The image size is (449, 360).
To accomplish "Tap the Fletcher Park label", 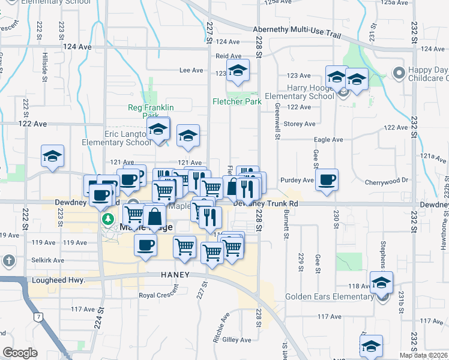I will (237, 101).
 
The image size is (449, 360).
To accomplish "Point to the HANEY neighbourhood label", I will (175, 274).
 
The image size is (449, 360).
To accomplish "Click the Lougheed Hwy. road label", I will (59, 280).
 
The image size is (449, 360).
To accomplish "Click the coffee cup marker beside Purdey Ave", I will (327, 179).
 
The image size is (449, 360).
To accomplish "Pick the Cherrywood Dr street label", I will (387, 181).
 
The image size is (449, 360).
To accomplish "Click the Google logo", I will (20, 353).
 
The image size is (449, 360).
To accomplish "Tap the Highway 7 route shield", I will (38, 316).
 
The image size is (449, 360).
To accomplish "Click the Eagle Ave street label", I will (329, 140).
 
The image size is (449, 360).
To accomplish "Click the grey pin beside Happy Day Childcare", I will (397, 73).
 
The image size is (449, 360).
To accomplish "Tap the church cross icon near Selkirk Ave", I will (8, 260).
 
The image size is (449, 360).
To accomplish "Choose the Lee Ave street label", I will (191, 70).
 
